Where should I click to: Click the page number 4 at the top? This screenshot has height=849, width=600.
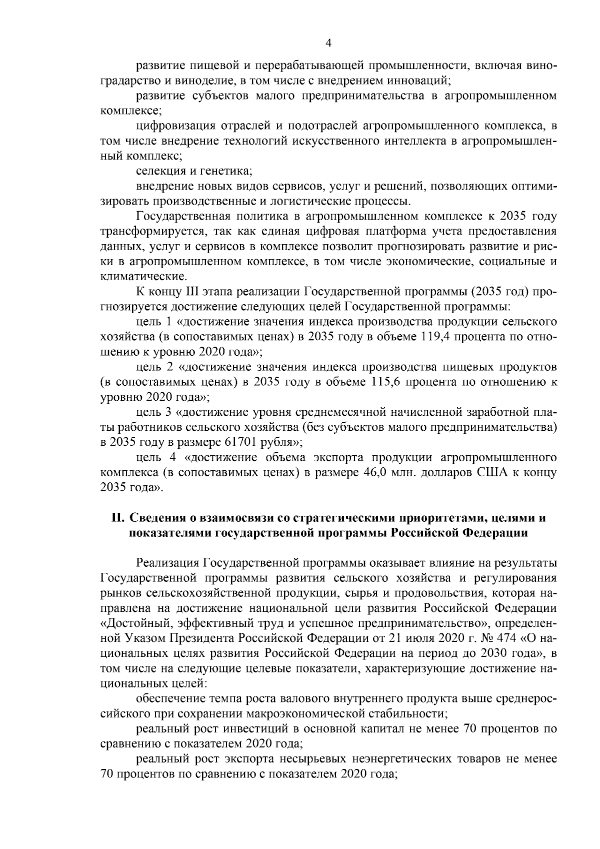click(328, 43)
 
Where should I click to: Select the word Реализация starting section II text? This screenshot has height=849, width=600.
click(167, 563)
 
